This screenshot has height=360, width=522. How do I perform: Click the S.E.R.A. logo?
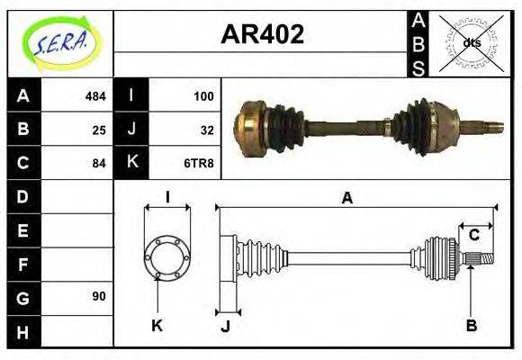point(59,42)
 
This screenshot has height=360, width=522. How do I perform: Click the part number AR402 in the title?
point(262,35)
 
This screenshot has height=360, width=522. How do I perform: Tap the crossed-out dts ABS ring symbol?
point(471,43)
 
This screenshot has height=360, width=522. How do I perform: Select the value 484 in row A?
point(95,95)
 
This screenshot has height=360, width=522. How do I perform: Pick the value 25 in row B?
point(99,129)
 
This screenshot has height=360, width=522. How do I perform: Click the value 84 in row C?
point(99,163)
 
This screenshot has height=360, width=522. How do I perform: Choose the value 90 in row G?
point(99,296)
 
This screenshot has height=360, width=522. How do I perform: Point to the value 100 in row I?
point(203,95)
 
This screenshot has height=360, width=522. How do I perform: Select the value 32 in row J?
point(207,129)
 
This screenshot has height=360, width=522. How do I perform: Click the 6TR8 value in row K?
point(200,163)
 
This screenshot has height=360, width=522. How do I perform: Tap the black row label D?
point(22,196)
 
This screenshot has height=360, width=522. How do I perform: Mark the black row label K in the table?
point(131,163)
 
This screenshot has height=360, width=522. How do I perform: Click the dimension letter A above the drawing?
point(346,199)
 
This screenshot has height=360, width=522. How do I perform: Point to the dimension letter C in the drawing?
point(473,236)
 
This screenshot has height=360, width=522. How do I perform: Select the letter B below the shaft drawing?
point(472,325)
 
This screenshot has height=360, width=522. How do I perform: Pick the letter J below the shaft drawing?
point(226,326)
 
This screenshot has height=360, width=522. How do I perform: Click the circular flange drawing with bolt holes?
point(167,256)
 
